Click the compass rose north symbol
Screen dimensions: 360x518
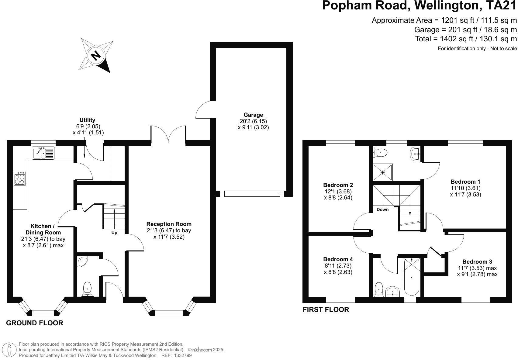(96, 55)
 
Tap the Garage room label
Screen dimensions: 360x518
(253, 115)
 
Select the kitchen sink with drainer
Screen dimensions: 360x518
(43, 153)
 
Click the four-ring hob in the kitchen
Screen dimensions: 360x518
(20, 178)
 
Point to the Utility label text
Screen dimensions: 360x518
(87, 120)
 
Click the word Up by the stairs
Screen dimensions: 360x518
(114, 233)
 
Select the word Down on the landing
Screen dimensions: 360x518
(382, 209)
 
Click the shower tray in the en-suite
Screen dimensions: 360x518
(383, 172)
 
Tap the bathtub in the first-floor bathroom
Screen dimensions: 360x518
(412, 277)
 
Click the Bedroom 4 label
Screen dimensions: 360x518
(338, 259)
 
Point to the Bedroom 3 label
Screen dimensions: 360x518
(477, 262)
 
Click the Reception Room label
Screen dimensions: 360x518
(169, 224)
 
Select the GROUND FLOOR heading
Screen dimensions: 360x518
(35, 323)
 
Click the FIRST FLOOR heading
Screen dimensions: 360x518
(326, 310)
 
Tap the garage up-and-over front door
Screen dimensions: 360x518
(252, 194)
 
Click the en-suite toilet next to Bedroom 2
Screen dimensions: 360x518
(380, 153)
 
